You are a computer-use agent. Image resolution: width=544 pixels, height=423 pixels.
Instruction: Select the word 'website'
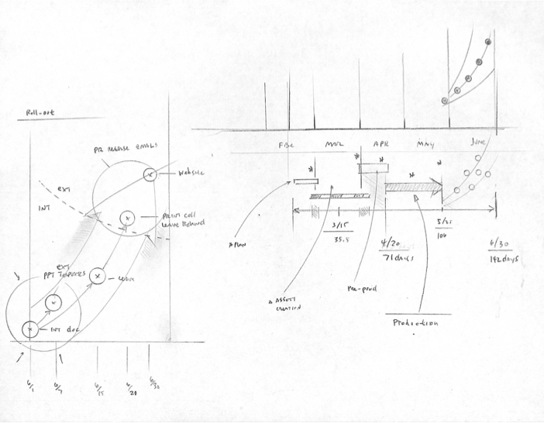click(x=191, y=174)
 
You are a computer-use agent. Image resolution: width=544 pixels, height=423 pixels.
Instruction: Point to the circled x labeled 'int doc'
click(x=29, y=330)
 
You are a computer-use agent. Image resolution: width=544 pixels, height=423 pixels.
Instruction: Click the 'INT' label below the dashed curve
click(x=43, y=208)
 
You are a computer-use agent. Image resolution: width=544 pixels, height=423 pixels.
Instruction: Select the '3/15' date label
click(x=339, y=226)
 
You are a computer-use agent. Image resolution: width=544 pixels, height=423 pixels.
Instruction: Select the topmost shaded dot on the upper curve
click(x=487, y=42)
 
